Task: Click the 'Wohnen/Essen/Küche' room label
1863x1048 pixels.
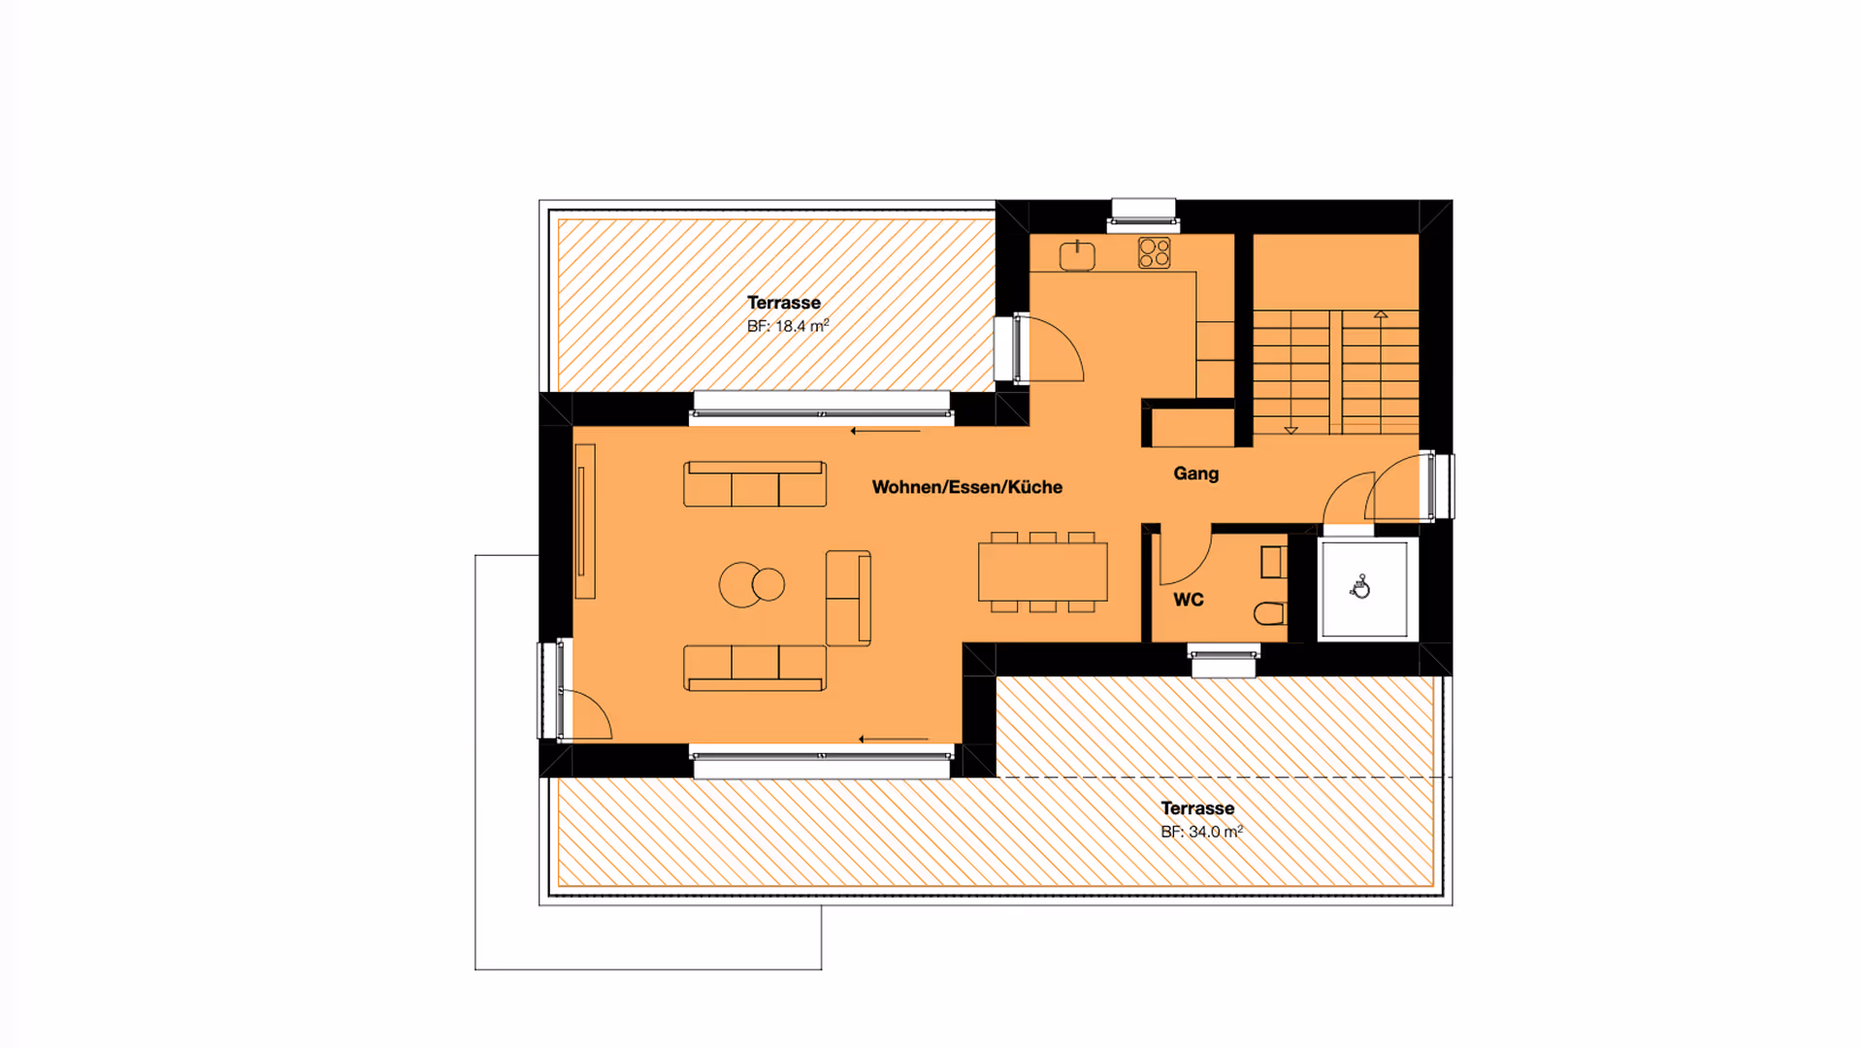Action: tap(966, 487)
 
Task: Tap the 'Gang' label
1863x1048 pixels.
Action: tap(1195, 474)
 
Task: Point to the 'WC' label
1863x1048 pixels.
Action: tap(1189, 600)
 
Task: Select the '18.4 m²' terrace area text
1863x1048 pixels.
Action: tap(802, 326)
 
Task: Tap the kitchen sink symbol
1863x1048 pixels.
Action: tap(1077, 255)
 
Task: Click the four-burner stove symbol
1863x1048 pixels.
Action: tap(1155, 253)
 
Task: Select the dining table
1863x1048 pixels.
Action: tap(1043, 573)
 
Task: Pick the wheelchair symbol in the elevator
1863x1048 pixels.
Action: tap(1360, 587)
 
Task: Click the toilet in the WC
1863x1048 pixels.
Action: tap(1269, 613)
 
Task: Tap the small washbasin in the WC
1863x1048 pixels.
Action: tap(1273, 562)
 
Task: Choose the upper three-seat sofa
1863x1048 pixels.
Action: tap(755, 484)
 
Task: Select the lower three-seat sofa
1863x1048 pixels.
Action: tap(755, 669)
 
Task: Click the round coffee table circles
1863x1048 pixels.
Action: tap(752, 585)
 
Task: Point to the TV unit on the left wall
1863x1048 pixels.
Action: tap(584, 521)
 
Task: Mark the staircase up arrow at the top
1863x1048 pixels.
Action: tap(1381, 314)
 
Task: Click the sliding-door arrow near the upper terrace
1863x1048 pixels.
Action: tap(885, 431)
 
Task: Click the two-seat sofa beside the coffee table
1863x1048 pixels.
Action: tap(848, 599)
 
